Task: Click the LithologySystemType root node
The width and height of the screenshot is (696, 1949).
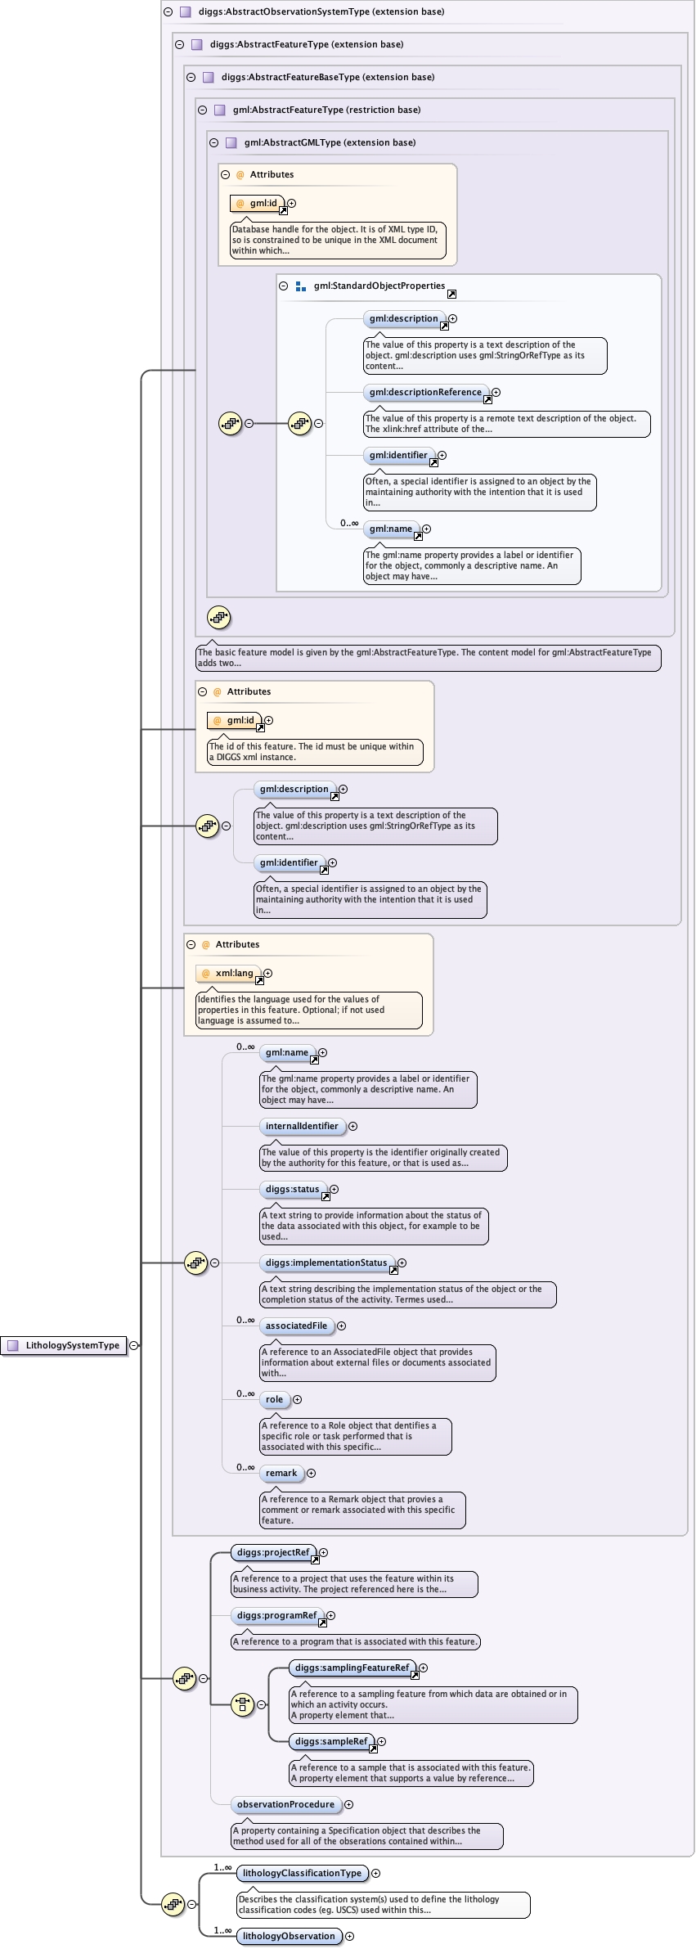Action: tap(72, 1345)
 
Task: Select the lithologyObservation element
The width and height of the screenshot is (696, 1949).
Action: tap(288, 1936)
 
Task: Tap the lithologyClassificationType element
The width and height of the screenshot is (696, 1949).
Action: tap(301, 1873)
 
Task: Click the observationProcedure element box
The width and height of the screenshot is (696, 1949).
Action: tap(285, 1804)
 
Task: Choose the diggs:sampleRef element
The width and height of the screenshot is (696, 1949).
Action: tap(330, 1741)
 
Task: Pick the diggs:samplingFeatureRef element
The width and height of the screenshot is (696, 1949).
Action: tap(352, 1668)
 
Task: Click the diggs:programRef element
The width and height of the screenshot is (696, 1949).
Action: tap(276, 1615)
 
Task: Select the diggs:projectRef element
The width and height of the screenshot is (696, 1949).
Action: tap(273, 1552)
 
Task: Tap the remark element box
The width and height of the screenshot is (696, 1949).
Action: tap(281, 1473)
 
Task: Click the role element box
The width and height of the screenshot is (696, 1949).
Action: tap(274, 1399)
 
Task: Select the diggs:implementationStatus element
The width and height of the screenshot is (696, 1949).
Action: tap(326, 1263)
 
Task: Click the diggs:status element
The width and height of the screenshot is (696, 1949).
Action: tap(292, 1189)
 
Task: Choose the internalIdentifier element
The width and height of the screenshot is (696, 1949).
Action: tap(301, 1126)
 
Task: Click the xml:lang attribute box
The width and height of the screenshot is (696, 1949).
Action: tap(233, 973)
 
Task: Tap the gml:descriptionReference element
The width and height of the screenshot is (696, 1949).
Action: tap(425, 392)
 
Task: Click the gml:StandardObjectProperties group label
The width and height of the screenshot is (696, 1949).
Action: tap(379, 286)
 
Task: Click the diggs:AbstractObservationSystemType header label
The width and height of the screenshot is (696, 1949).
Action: tap(321, 11)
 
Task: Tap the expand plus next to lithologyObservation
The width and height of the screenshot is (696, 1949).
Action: tap(349, 1936)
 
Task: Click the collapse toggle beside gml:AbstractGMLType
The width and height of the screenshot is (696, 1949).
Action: tap(213, 142)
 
